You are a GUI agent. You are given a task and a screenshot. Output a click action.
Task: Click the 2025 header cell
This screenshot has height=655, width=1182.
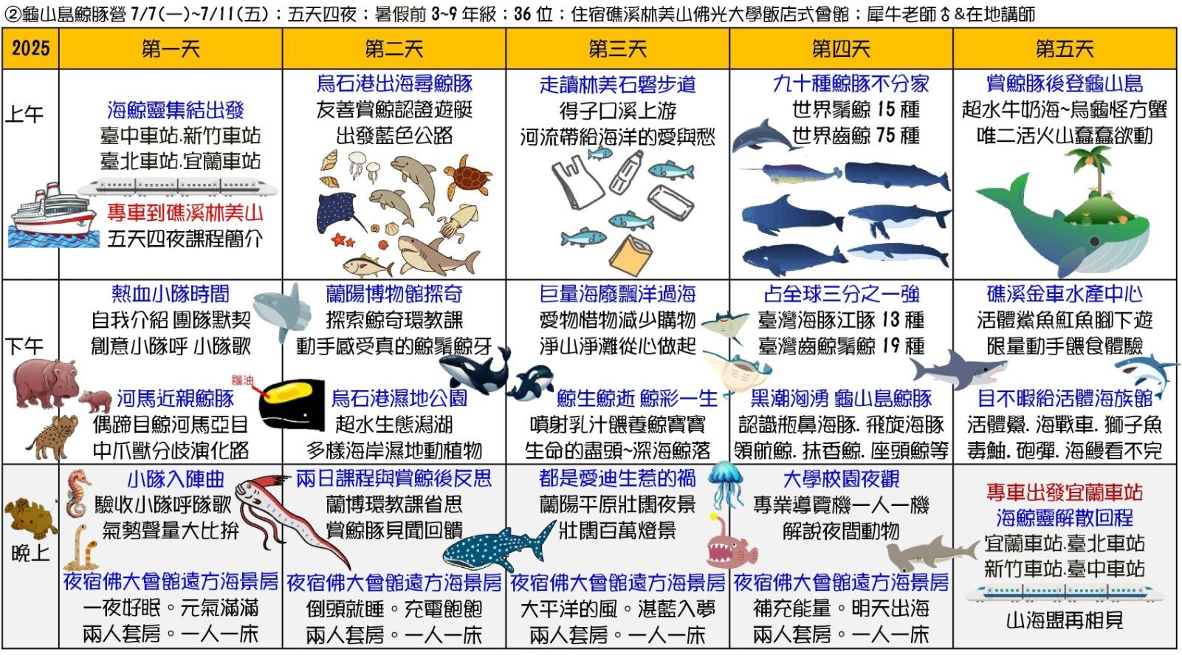(30, 49)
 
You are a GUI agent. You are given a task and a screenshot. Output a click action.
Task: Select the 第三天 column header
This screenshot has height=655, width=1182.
(617, 49)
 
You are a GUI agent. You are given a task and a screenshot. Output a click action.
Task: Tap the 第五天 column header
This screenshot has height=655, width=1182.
(1065, 49)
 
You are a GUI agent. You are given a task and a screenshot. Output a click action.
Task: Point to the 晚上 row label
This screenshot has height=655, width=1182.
(30, 553)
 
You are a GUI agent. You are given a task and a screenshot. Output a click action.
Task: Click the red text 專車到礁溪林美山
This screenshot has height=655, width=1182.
(185, 213)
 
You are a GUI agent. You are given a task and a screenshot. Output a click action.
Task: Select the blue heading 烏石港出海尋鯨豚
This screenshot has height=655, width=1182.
(394, 83)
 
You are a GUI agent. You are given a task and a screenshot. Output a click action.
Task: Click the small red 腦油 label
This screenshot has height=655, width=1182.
(243, 380)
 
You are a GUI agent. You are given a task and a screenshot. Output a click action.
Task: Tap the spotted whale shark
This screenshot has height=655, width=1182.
(498, 546)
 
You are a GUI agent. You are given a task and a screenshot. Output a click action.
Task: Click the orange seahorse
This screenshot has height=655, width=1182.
(78, 493)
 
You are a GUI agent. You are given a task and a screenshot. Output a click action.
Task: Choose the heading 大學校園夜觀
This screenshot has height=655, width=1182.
(841, 479)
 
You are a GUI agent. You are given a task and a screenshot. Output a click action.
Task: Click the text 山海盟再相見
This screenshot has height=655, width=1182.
(1065, 620)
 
